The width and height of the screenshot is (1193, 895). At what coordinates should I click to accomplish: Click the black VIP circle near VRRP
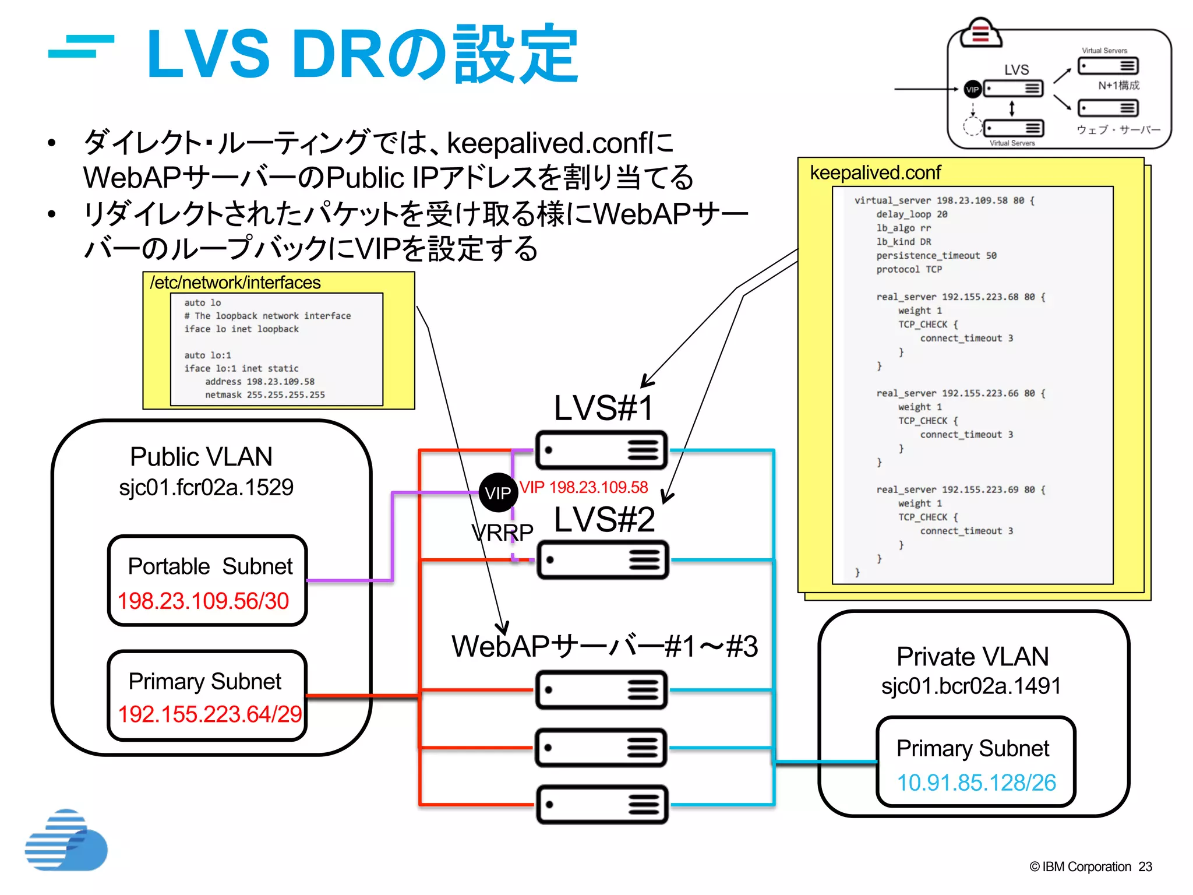tap(497, 493)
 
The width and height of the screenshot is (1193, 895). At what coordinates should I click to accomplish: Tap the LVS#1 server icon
tap(601, 450)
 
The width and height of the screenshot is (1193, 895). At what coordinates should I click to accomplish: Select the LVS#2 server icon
tap(602, 560)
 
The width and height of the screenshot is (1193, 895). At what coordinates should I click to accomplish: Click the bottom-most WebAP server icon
tap(601, 805)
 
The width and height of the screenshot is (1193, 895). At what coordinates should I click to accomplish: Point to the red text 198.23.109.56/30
tap(203, 601)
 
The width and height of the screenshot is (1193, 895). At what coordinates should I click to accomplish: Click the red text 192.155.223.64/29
tap(210, 714)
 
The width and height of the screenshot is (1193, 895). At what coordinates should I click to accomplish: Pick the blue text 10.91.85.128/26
tap(976, 783)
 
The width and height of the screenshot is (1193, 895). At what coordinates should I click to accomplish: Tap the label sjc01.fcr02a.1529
tap(206, 487)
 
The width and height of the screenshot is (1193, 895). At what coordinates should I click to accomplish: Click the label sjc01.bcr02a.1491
tap(971, 686)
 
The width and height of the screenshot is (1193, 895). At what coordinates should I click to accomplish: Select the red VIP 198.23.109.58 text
tap(584, 487)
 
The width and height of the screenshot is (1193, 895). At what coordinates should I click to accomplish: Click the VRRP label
tap(502, 532)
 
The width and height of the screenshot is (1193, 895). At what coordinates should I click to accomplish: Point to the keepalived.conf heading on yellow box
tap(875, 172)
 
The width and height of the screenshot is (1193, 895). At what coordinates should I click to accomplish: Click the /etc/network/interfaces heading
tap(235, 283)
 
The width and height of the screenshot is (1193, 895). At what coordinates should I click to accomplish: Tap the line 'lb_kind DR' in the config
tap(903, 242)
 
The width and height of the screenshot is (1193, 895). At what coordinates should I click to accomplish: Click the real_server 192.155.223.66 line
tap(961, 393)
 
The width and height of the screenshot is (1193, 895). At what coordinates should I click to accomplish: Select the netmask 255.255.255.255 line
tap(264, 395)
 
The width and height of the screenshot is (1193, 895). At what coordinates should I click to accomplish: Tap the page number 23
tap(1145, 866)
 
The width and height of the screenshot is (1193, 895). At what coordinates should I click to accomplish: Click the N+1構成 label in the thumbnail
tap(1118, 86)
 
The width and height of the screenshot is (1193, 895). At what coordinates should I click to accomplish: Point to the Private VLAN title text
tap(972, 657)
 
